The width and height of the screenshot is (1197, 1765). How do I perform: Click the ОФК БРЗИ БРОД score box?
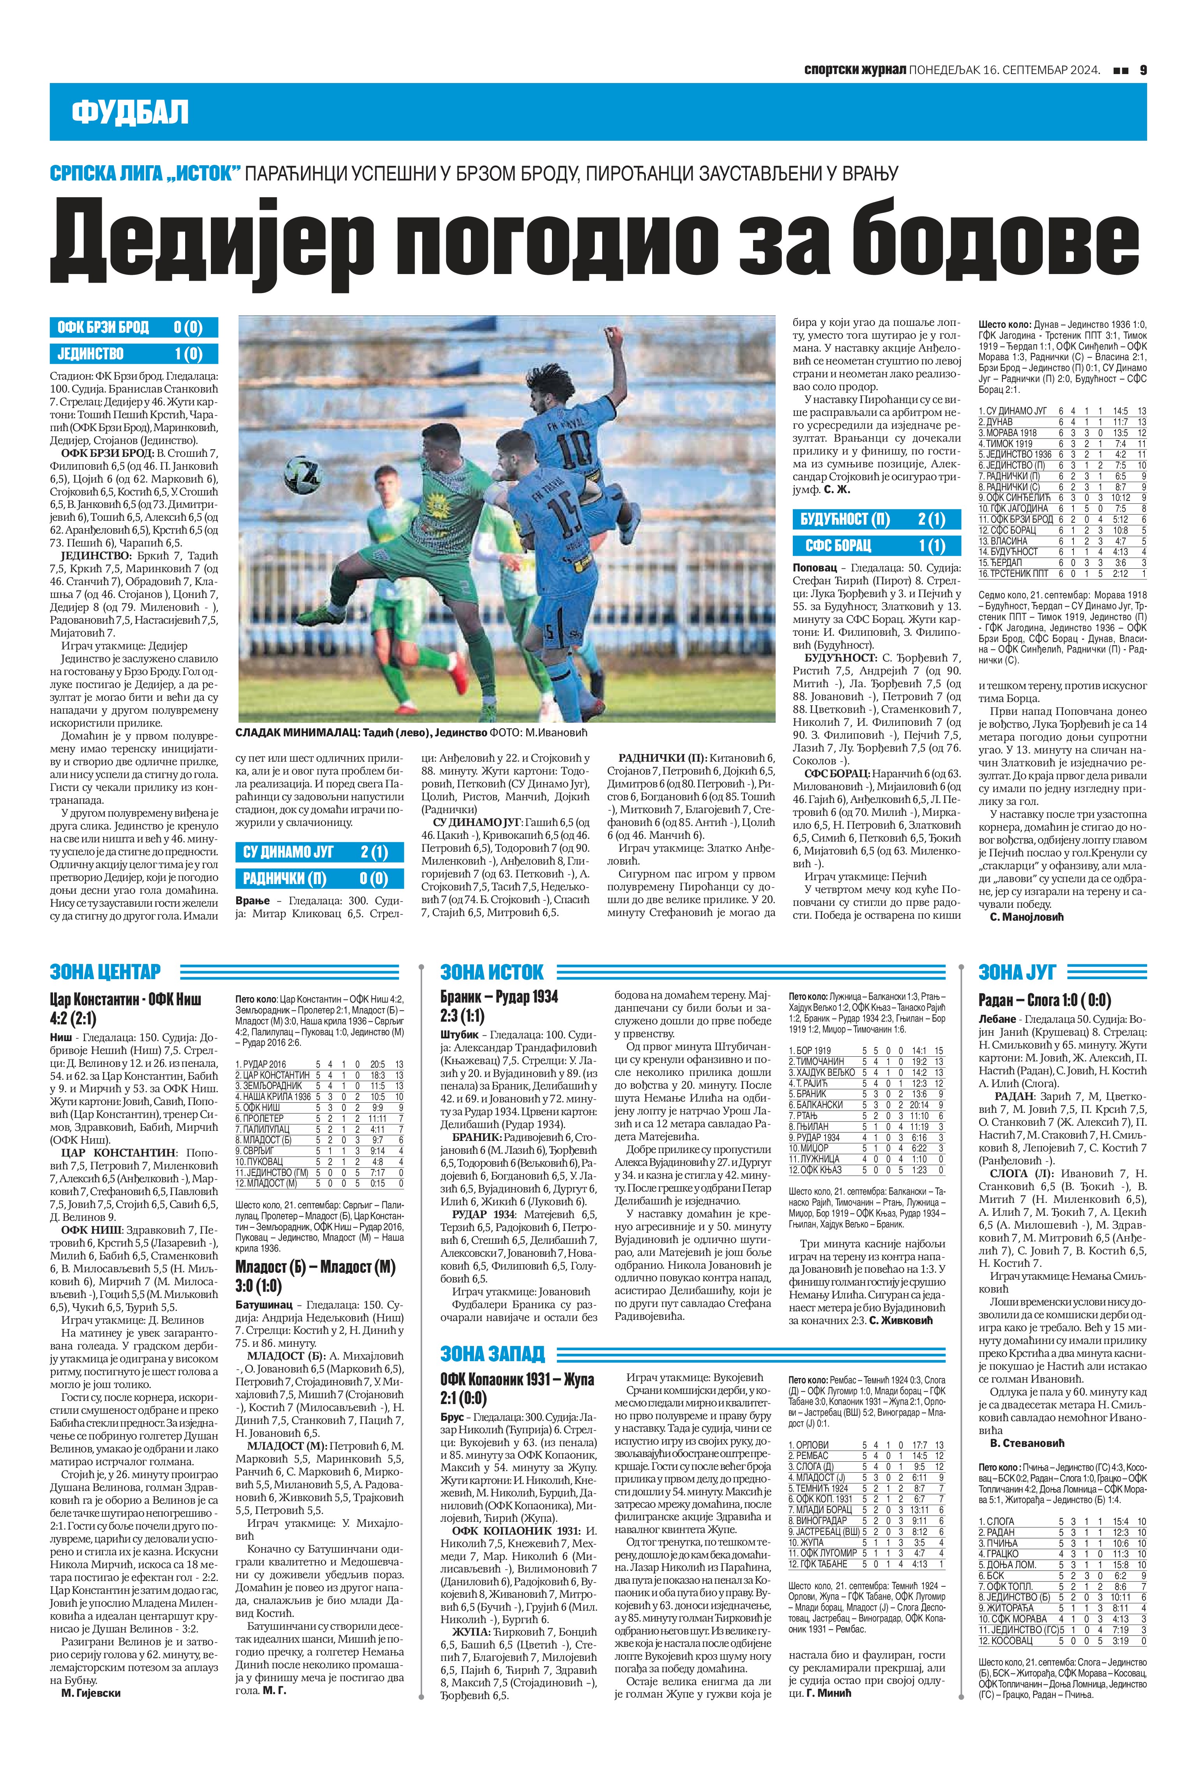[x=134, y=327]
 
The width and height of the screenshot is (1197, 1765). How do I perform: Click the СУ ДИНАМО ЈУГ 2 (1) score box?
[x=319, y=852]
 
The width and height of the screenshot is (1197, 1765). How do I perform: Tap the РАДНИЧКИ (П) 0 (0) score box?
[x=319, y=879]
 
